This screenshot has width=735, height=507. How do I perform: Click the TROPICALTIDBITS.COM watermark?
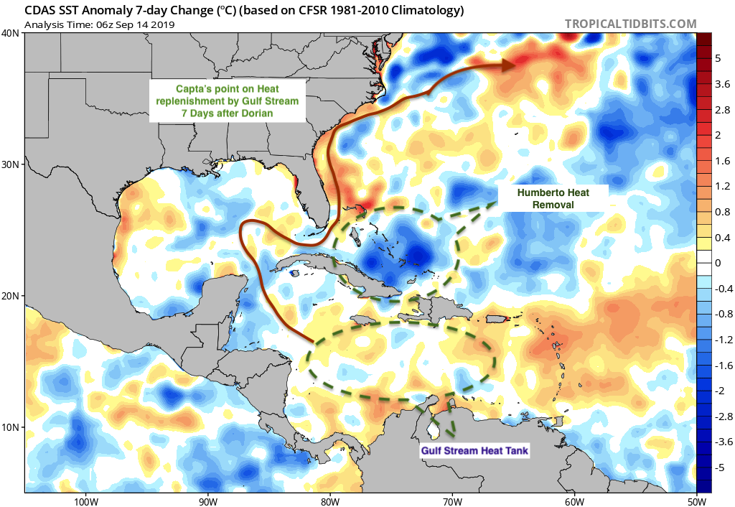pyautogui.click(x=630, y=24)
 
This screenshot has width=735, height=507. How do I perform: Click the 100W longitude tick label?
pyautogui.click(x=86, y=501)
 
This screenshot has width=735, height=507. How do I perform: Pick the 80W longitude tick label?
pyautogui.click(x=330, y=501)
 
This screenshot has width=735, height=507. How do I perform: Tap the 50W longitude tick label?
pyautogui.click(x=697, y=501)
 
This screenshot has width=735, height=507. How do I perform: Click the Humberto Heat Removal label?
pyautogui.click(x=553, y=198)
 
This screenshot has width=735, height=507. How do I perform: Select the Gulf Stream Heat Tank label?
pyautogui.click(x=474, y=451)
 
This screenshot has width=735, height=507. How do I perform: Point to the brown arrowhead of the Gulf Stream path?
pyautogui.click(x=509, y=65)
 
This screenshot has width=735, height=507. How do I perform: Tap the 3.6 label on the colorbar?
pyautogui.click(x=722, y=85)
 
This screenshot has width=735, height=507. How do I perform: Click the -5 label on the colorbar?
pyautogui.click(x=720, y=468)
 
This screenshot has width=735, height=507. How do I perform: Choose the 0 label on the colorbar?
pyautogui.click(x=718, y=263)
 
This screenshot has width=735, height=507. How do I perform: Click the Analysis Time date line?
pyautogui.click(x=99, y=25)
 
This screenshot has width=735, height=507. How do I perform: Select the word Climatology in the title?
pyautogui.click(x=423, y=10)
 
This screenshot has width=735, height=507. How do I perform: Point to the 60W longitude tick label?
pyautogui.click(x=575, y=501)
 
